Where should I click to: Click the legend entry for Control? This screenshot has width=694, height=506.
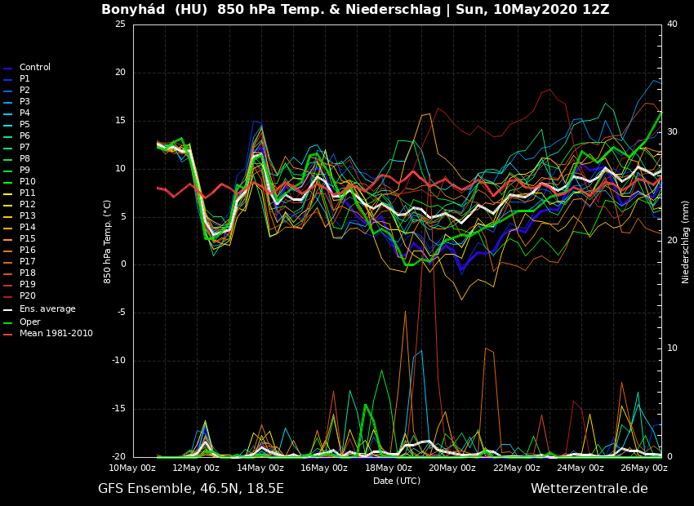[34, 68]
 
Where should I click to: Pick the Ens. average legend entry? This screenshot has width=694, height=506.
[47, 309]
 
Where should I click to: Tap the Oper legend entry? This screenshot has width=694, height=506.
[29, 322]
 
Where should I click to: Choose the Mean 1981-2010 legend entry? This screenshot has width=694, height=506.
[56, 333]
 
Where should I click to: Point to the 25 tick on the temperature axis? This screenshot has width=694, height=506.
[120, 24]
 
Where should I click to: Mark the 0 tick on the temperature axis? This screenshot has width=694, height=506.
[122, 264]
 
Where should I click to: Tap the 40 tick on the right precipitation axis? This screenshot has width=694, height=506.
[672, 24]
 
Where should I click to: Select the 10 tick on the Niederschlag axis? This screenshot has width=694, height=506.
[672, 348]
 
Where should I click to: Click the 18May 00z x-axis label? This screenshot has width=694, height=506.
[388, 468]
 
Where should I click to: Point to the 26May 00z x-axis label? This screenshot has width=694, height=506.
[643, 468]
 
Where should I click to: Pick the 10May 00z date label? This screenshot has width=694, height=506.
[132, 468]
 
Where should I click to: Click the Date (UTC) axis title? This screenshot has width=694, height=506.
[397, 481]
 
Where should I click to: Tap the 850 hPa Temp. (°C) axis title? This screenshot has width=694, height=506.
[108, 241]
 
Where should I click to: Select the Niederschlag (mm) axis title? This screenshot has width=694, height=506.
[686, 242]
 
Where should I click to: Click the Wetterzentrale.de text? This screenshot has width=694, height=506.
[589, 489]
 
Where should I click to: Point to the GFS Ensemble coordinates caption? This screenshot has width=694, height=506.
[191, 489]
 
